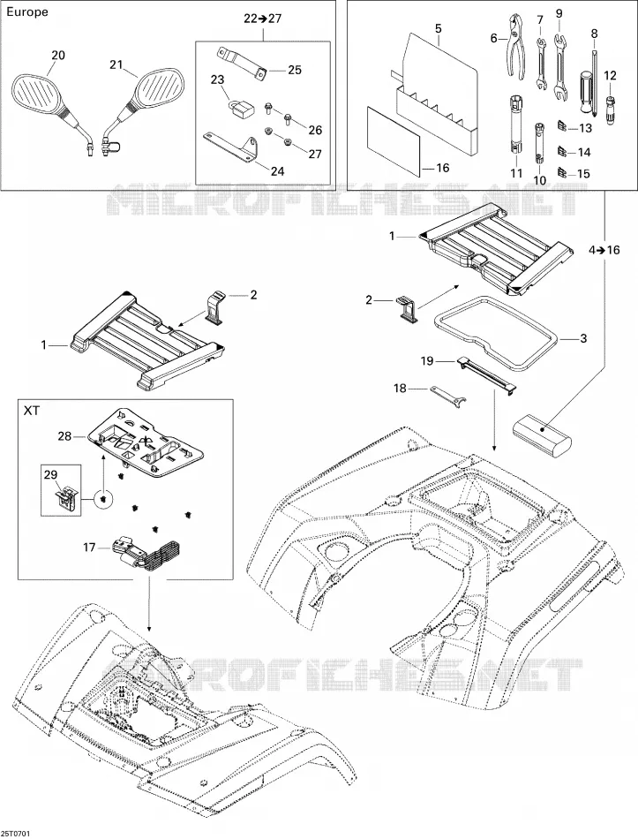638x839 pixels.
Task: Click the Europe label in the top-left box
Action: tap(26, 11)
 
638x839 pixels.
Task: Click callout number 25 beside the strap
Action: tap(295, 70)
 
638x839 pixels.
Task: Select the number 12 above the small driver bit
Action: tap(610, 75)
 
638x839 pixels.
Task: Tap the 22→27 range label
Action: tap(263, 19)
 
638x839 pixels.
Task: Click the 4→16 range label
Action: tap(604, 250)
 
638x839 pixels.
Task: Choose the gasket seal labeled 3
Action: tap(498, 332)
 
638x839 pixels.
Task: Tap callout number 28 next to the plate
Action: tap(64, 436)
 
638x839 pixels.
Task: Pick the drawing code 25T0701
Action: tap(16, 834)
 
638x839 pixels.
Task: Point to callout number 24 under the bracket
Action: tap(278, 171)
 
